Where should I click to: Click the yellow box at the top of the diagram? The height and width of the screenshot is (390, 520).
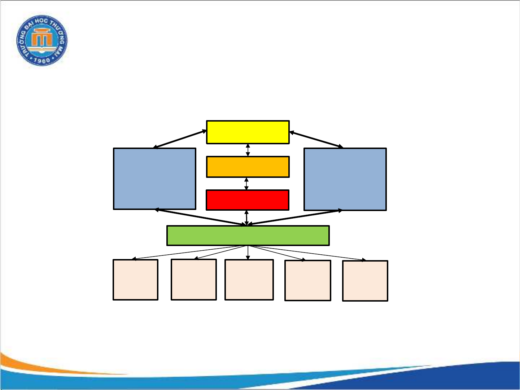248,132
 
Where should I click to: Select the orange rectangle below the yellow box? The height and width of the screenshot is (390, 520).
248,167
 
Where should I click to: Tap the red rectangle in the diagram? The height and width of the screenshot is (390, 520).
248,200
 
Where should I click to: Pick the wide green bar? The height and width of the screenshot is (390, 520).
248,236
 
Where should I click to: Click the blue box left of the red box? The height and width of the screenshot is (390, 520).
154,179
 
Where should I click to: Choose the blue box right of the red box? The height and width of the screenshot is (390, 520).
345,179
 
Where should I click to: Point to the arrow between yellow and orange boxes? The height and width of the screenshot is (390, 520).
248,150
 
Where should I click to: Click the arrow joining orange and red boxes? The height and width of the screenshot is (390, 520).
246,184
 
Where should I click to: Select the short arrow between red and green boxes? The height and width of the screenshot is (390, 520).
246,218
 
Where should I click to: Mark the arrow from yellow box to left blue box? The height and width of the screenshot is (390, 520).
180,139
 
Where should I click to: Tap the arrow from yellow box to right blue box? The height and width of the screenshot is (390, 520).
316,140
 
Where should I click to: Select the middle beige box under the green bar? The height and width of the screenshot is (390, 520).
249,280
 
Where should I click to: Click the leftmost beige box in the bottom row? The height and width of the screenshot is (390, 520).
136,280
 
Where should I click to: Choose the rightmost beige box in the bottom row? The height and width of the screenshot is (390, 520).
365,281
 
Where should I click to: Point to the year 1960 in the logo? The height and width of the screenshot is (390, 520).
42,60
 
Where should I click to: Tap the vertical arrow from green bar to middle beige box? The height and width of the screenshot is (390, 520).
248,253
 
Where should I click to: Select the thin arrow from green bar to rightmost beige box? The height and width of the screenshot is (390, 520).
307,253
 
